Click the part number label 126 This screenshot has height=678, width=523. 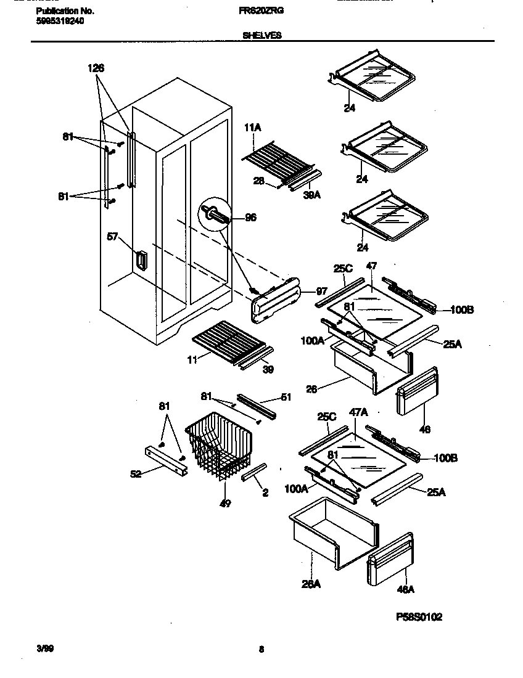pos(96,69)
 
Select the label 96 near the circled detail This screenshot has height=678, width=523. pos(250,217)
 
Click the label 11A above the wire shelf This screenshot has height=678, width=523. pos(253,128)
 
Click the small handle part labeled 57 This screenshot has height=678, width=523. pos(141,260)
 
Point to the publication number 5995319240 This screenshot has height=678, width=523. pos(60,20)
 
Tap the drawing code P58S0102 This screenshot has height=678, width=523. pos(419,617)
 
